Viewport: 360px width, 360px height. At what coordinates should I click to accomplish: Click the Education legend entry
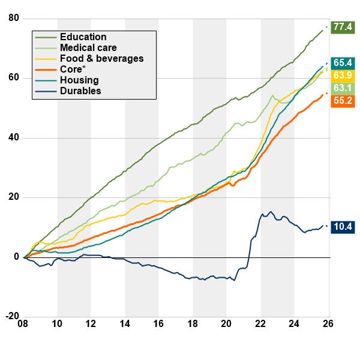pos(83,37)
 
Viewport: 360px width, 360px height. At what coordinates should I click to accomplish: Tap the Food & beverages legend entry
pos(101,59)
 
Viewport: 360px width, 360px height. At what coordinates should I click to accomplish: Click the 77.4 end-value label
pos(343,27)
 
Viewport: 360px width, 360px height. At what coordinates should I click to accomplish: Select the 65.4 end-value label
pos(343,62)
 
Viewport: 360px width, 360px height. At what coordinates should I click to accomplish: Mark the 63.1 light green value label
pos(343,88)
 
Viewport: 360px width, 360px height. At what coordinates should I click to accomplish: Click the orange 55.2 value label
pos(343,101)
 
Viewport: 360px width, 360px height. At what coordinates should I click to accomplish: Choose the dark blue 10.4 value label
pos(343,227)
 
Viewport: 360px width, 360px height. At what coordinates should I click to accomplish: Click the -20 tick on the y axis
pos(12,317)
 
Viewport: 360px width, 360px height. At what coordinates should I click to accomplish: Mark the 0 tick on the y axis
pos(16,257)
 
